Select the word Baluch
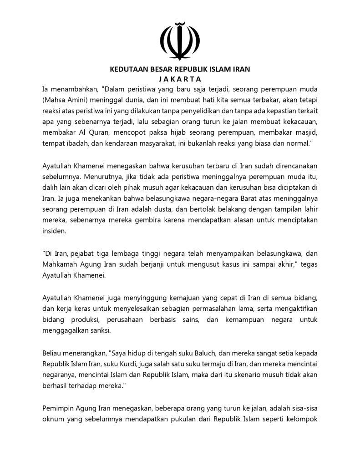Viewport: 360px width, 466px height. (175, 353)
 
